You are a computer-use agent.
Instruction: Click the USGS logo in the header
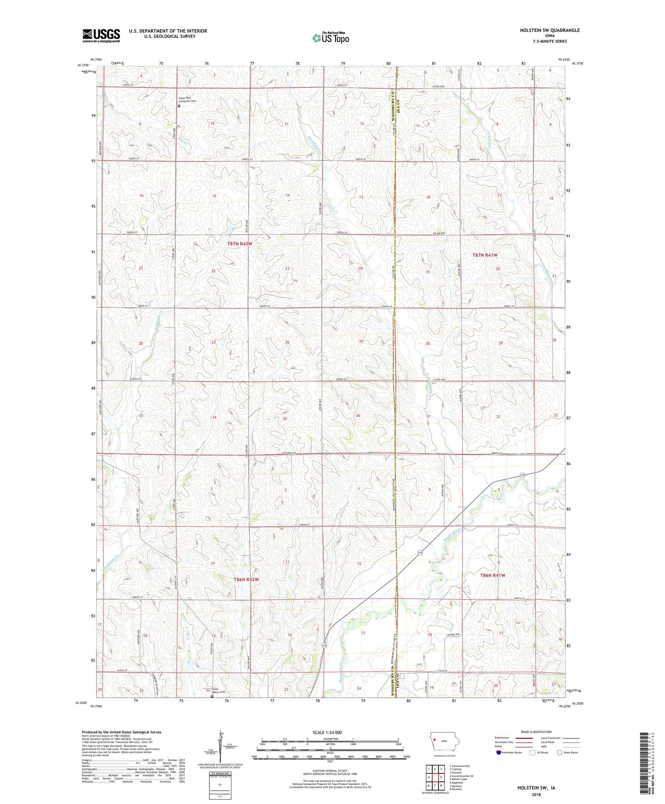(x=101, y=35)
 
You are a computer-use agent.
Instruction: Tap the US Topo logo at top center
(x=330, y=38)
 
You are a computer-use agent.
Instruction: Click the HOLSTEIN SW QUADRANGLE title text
(x=550, y=30)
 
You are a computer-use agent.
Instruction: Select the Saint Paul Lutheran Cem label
(x=187, y=100)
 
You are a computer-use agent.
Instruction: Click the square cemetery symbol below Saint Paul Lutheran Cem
(x=179, y=106)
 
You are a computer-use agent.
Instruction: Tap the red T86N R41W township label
(x=493, y=575)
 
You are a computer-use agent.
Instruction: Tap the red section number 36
(x=358, y=416)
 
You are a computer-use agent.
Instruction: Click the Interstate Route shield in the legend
(x=498, y=753)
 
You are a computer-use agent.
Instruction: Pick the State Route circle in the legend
(x=560, y=753)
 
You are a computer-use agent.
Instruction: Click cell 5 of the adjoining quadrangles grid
(x=441, y=777)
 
